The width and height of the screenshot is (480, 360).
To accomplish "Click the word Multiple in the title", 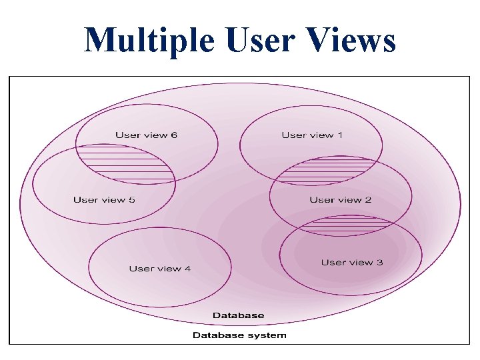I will [x=149, y=41].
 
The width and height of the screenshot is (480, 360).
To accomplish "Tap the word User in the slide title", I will [x=258, y=41].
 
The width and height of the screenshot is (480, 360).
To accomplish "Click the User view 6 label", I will [x=146, y=135].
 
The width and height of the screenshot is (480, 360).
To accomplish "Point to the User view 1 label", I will [x=312, y=135].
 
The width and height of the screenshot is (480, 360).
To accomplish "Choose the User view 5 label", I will [x=104, y=199].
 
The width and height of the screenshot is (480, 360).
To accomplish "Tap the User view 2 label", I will [x=340, y=199].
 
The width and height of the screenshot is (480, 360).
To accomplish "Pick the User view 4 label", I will [x=159, y=269].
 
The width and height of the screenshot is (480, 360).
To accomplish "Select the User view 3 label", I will [x=351, y=263].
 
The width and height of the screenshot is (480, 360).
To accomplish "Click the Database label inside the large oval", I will [x=238, y=315].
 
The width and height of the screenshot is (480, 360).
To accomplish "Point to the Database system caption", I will [x=239, y=335].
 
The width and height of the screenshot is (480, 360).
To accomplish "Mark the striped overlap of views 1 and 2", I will [x=325, y=171].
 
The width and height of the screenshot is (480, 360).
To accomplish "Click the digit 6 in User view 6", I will [x=174, y=135].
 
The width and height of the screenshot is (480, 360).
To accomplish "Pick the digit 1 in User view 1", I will [x=340, y=135].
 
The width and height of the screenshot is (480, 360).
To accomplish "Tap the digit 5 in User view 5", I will [x=132, y=199].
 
